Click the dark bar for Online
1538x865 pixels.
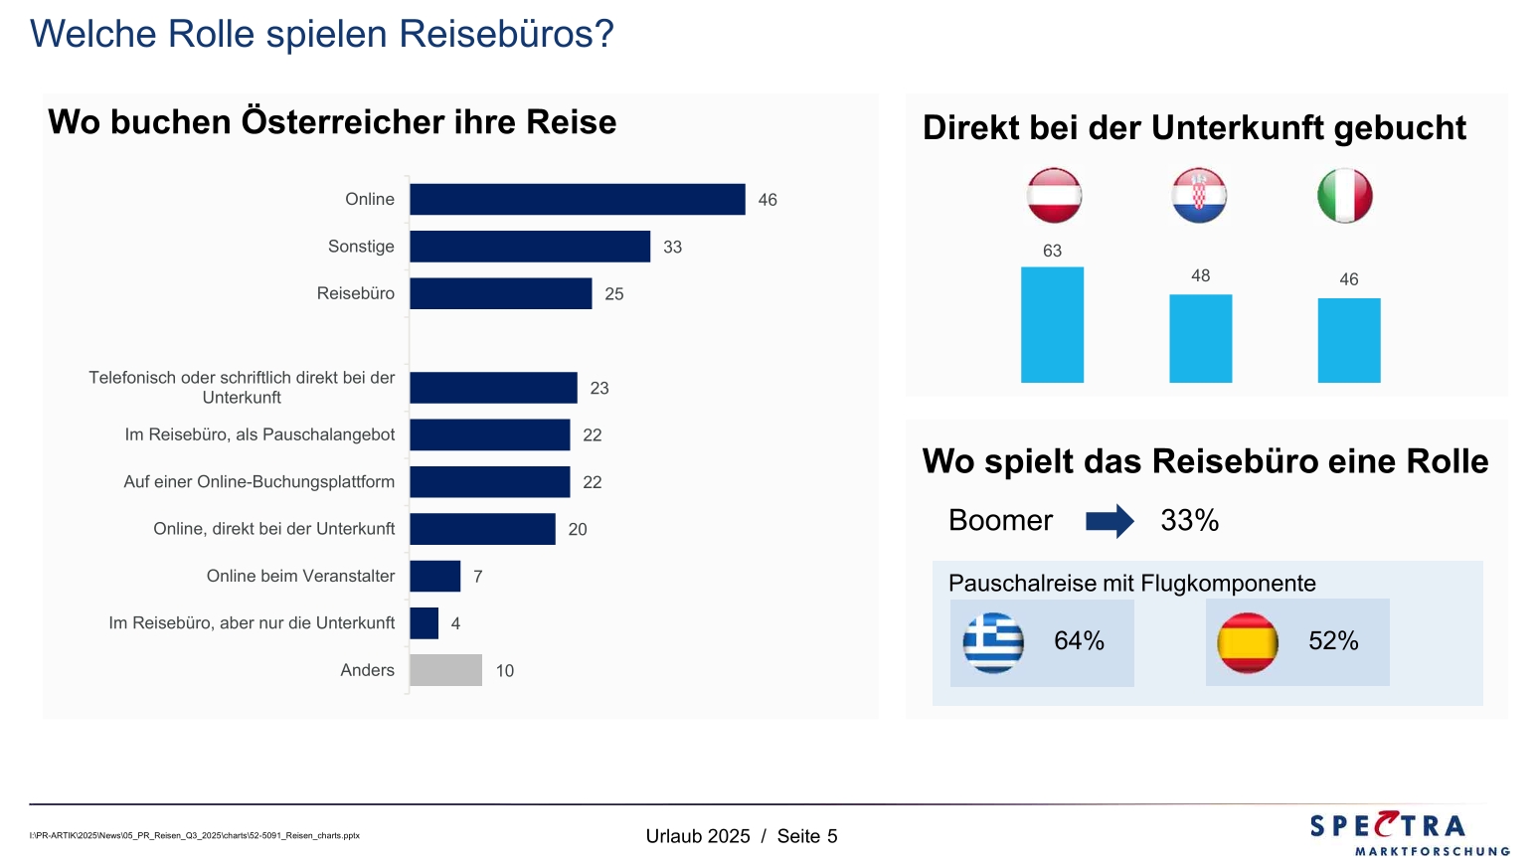[x=577, y=199]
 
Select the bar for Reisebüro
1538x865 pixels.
[x=500, y=293]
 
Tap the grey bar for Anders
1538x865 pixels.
[x=445, y=670]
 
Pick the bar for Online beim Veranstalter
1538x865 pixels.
[x=434, y=576]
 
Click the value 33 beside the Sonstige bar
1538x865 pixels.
[x=673, y=247]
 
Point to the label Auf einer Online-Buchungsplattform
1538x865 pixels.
[x=258, y=482]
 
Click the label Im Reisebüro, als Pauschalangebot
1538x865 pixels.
[x=259, y=434]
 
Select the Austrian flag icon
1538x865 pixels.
[x=1054, y=195]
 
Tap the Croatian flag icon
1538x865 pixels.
[x=1199, y=195]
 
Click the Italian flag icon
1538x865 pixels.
[x=1344, y=195]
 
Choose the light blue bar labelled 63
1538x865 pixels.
[x=1052, y=324]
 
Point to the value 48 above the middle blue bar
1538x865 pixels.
[x=1201, y=275]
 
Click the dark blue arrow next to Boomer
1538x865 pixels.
[x=1110, y=521]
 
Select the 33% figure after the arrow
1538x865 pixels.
[x=1189, y=520]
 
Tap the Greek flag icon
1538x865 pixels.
[x=993, y=642]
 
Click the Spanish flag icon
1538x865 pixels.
[x=1248, y=642]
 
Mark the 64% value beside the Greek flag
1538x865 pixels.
[x=1079, y=641]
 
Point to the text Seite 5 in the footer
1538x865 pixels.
[x=807, y=836]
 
